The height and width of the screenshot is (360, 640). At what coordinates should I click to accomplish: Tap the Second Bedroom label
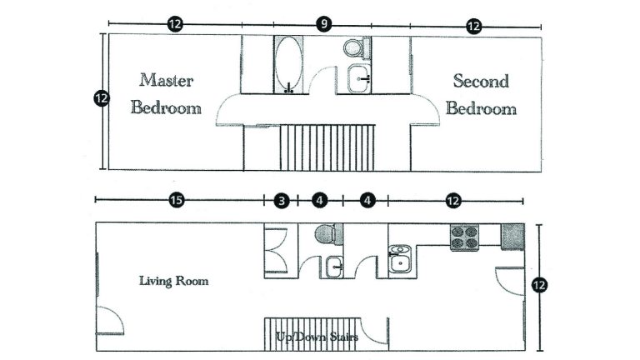click(x=481, y=94)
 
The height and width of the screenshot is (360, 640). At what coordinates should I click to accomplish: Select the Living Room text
click(x=173, y=281)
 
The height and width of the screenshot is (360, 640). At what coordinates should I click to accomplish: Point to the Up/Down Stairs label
click(x=317, y=337)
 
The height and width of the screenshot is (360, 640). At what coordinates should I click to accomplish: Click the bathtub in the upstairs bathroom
click(x=289, y=64)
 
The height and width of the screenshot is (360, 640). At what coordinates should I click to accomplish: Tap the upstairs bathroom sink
click(x=361, y=80)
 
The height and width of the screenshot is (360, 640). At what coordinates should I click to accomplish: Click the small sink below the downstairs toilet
click(x=333, y=267)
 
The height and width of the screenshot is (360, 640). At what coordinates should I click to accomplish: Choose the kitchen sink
click(x=401, y=260)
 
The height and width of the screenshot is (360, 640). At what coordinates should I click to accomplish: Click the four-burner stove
click(x=464, y=237)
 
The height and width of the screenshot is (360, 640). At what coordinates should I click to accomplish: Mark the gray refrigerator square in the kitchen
click(x=512, y=236)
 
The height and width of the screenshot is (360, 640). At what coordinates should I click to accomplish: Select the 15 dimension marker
click(x=176, y=200)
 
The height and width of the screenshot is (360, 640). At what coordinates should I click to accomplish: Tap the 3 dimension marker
click(x=282, y=200)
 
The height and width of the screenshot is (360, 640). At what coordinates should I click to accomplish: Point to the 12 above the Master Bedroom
click(x=174, y=24)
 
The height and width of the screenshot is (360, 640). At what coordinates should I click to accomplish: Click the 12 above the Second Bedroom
click(x=473, y=26)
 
